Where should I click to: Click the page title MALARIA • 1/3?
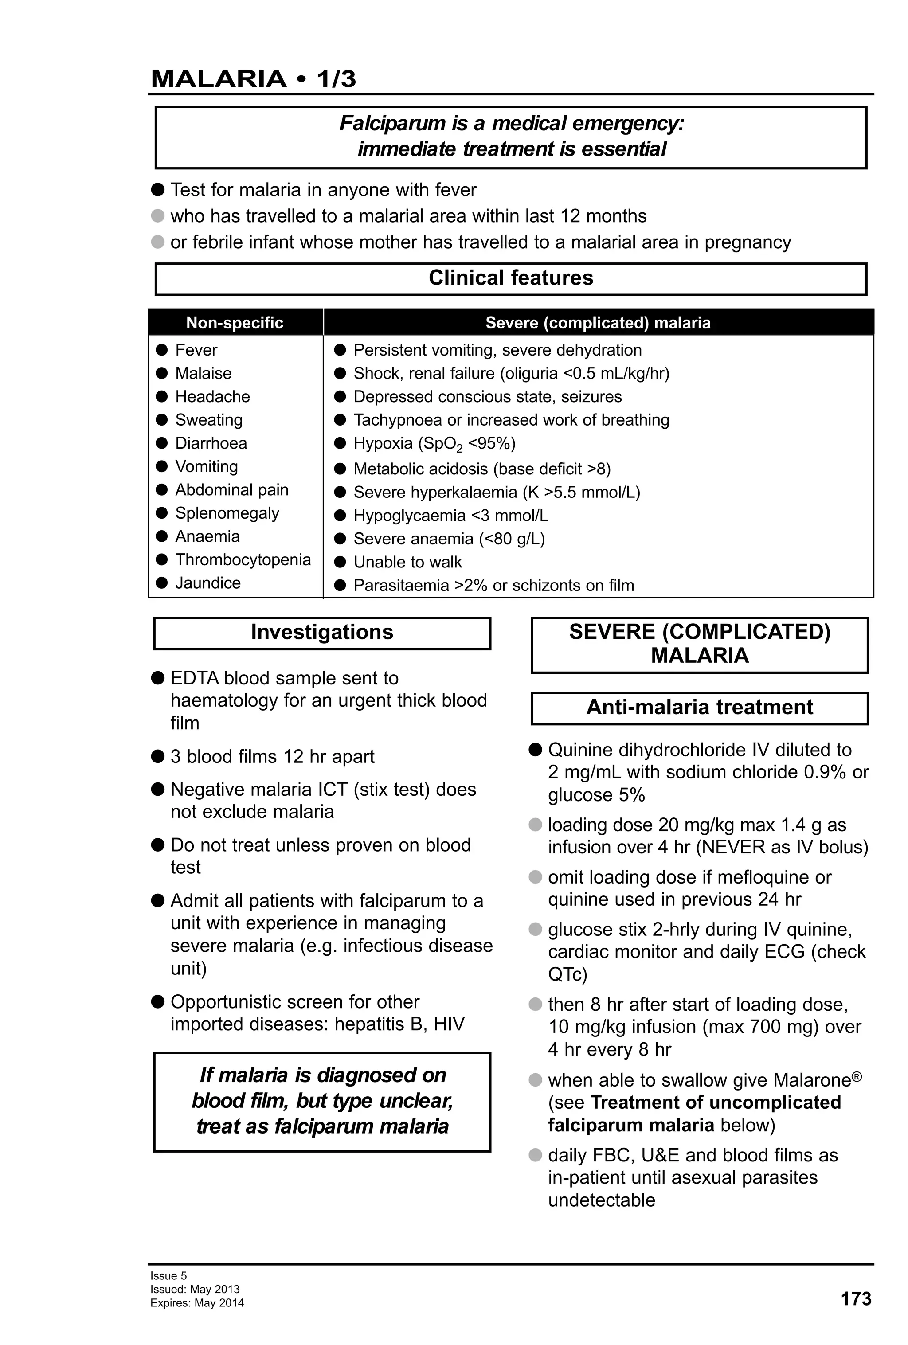coord(253,79)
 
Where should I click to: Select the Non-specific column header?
coord(235,322)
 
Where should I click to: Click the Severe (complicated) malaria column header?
coord(597,322)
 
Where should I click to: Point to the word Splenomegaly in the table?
coord(227,513)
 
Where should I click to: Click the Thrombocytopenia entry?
coord(243,559)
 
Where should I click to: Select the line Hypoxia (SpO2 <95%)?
coord(434,443)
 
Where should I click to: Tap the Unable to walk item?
coord(407,562)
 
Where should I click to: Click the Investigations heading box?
coord(322,632)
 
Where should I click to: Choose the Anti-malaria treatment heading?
coord(699,707)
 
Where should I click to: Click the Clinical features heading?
coord(510,278)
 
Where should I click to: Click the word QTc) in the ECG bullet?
coord(567,974)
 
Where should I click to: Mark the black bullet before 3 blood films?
coord(157,756)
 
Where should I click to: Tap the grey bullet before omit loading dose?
coord(535,877)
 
